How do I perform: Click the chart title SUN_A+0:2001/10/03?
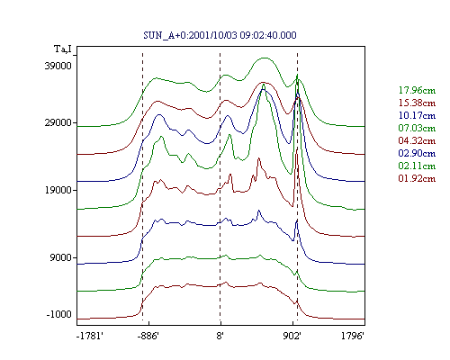191,35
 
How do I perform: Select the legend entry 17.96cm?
417,90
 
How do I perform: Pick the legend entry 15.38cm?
417,103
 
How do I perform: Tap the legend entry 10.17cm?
417,115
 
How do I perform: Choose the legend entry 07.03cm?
417,128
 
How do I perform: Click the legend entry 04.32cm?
417,140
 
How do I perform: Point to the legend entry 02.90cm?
417,153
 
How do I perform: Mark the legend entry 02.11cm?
417,166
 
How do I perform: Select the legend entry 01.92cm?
417,178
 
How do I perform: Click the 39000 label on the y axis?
58,66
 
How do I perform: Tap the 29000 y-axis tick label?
58,122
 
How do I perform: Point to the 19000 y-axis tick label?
58,190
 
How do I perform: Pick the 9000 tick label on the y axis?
61,257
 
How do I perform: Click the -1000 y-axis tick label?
59,314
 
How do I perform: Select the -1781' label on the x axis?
90,336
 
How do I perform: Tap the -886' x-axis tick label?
148,336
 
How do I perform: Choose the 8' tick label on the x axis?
220,336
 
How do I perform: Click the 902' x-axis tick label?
292,336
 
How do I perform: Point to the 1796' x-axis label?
353,336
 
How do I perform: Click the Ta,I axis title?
63,49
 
